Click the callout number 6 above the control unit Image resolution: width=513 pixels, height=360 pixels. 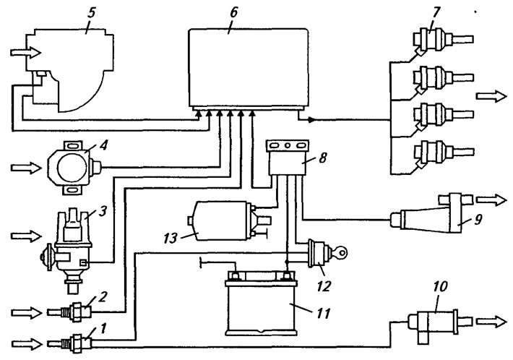coord(234,13)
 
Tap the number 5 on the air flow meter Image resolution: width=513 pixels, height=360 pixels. coord(91,14)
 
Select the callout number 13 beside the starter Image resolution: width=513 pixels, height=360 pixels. coord(170,239)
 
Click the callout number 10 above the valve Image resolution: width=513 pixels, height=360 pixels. coord(440,287)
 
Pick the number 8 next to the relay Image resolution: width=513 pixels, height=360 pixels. coord(323,158)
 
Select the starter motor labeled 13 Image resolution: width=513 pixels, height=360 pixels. coord(229,221)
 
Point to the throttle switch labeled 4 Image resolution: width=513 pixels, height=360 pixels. coord(75,168)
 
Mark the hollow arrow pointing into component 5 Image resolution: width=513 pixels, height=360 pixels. coord(25,52)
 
